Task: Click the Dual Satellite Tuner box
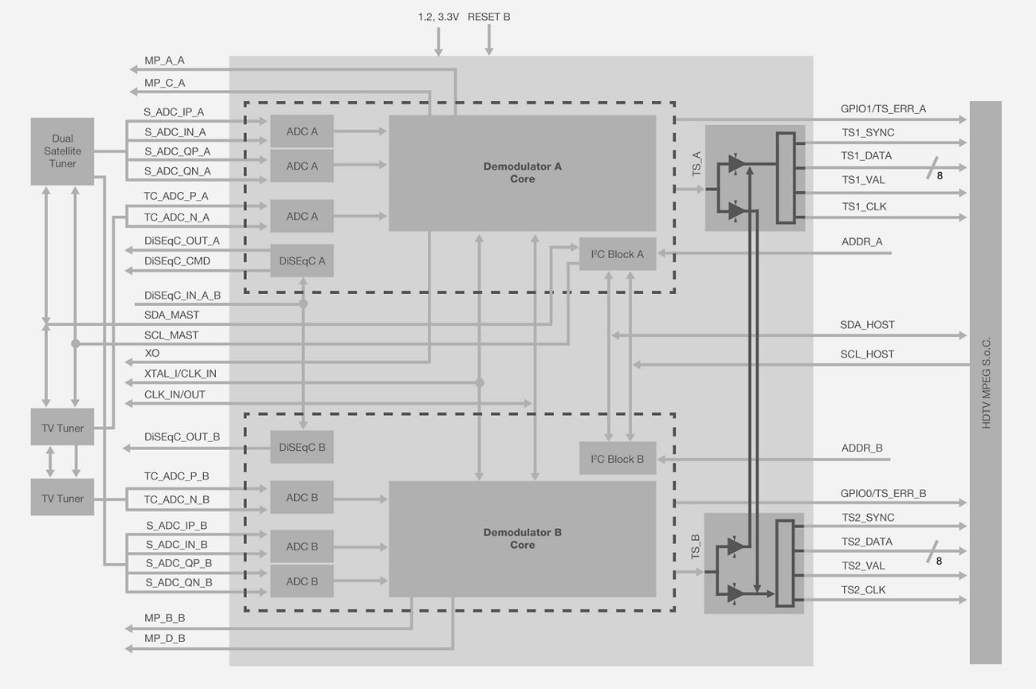point(62,151)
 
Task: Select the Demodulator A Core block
point(522,173)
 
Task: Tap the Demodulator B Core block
point(522,538)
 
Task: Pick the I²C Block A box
point(617,254)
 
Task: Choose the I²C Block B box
point(617,459)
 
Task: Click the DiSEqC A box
point(302,260)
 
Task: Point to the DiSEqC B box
point(302,448)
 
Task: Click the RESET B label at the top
point(489,17)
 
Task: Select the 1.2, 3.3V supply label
point(438,17)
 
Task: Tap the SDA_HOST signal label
point(867,325)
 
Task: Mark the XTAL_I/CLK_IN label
point(180,374)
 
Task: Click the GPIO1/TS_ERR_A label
point(883,109)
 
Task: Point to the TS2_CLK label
point(863,590)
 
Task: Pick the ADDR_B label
point(861,448)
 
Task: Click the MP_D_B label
point(165,639)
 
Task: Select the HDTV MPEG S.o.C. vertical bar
point(985,382)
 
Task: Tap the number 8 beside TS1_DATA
point(940,176)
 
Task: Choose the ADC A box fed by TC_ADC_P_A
point(302,216)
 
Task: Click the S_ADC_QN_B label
point(179,583)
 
